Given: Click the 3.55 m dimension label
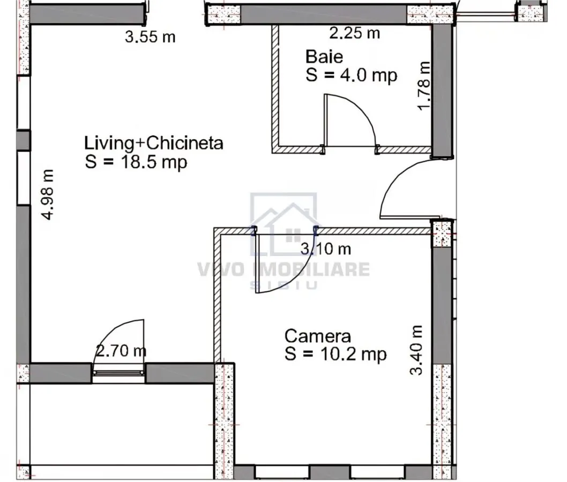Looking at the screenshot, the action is (x=150, y=37).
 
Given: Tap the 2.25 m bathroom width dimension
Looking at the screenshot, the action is (x=354, y=33).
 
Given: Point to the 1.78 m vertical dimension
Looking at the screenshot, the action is (x=424, y=85).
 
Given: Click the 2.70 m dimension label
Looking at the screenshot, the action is (x=121, y=350).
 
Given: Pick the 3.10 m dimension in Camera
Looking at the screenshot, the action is (x=326, y=248).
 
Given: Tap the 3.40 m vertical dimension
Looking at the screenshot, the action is (x=416, y=350).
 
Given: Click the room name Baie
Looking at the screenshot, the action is (x=324, y=57).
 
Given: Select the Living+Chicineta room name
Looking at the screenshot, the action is (x=154, y=142).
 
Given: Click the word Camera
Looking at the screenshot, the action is (x=318, y=336).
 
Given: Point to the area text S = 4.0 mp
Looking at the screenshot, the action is (x=351, y=75).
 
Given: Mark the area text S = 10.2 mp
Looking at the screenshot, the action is (x=335, y=354).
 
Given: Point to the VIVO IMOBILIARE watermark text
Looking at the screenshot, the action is (x=283, y=269).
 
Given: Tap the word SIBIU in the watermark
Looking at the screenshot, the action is (x=284, y=285).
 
